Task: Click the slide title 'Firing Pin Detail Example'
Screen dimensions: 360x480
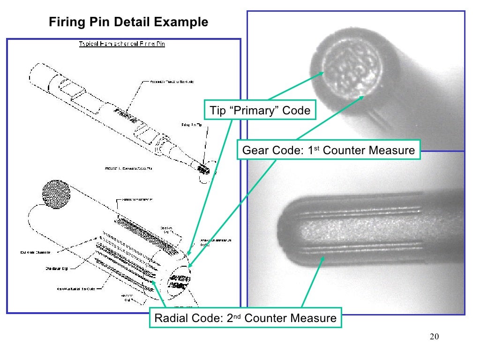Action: (128, 22)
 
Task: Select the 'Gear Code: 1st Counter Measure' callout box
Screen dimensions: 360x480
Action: (328, 150)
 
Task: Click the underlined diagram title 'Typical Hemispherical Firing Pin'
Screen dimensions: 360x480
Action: (121, 44)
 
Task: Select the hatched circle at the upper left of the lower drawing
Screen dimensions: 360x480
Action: (56, 194)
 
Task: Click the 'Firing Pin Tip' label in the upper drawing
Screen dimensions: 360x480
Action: (192, 125)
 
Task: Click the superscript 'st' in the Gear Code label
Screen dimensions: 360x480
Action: (317, 148)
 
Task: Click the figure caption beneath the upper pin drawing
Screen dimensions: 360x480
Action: (127, 167)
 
